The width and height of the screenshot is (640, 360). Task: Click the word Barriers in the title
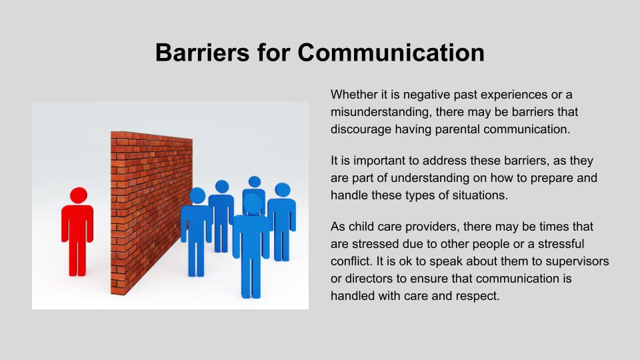(203, 52)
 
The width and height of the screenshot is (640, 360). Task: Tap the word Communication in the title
(391, 52)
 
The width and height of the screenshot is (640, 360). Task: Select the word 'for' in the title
(273, 52)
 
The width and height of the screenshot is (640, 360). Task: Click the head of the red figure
(79, 195)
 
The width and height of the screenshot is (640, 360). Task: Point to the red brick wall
(151, 212)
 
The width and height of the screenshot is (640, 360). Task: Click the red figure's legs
(77, 256)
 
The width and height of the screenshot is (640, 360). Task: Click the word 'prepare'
(553, 178)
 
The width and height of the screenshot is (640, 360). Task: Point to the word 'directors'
(369, 279)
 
